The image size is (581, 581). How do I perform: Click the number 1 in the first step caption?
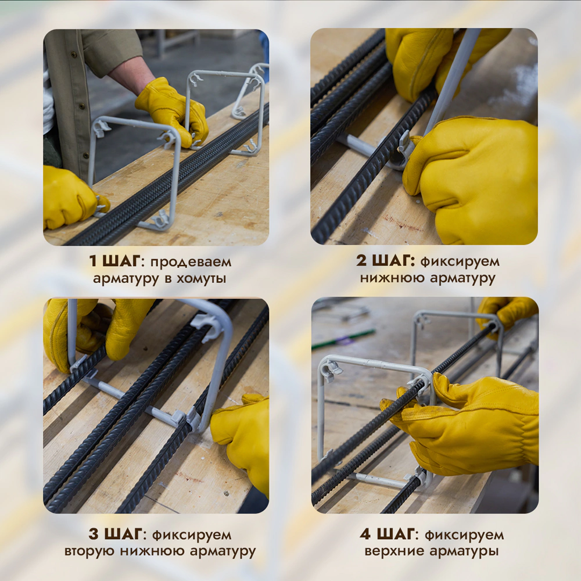(93, 261)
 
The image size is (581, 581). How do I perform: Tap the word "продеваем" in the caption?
(191, 263)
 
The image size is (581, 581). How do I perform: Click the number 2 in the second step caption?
(362, 261)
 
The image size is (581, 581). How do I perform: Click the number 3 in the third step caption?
(94, 535)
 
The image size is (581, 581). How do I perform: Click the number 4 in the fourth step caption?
(365, 535)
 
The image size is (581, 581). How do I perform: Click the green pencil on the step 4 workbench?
(343, 339)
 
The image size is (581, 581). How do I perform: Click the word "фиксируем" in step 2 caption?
(460, 261)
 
